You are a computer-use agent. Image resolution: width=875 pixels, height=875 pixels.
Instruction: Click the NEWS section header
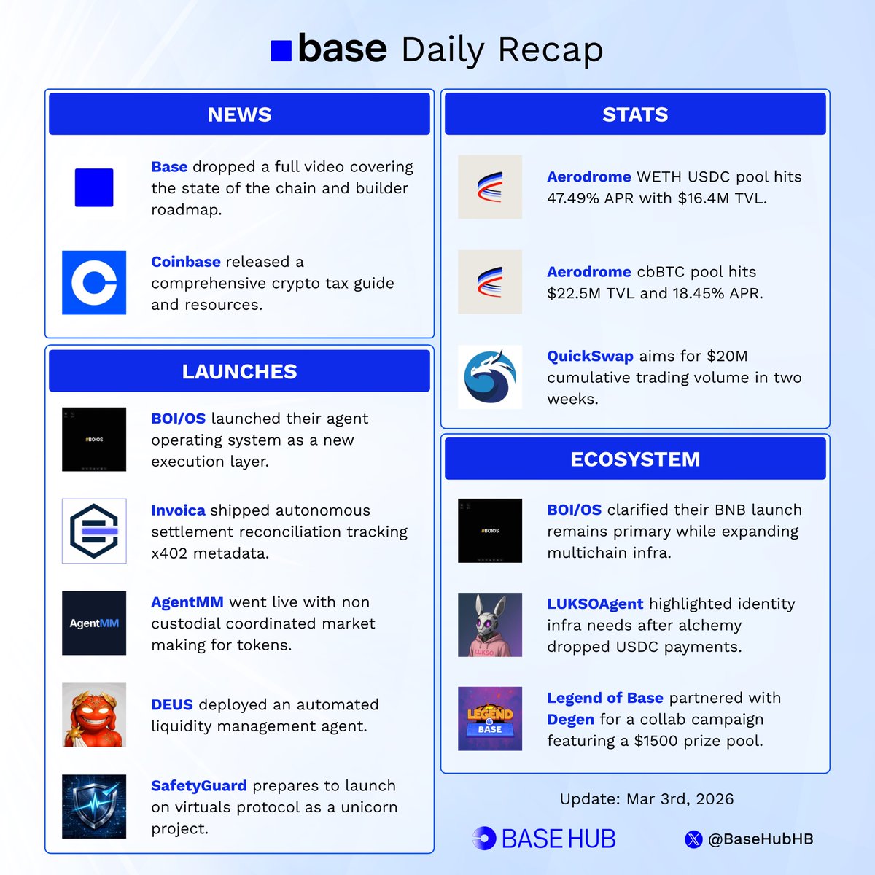pos(239,114)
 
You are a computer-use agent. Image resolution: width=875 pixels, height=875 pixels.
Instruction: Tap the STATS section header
pos(634,114)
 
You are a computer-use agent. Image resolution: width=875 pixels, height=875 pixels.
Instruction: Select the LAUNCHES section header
pos(239,371)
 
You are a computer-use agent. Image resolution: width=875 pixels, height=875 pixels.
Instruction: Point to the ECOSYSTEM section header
pos(634,459)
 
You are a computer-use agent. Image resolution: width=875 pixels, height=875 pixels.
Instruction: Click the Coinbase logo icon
pos(94,282)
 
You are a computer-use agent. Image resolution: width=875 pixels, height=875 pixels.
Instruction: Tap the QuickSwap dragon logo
pos(490,377)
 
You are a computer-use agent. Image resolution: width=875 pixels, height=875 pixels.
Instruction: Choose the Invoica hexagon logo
pos(94,531)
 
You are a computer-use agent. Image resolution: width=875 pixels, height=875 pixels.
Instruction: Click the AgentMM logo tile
pos(94,623)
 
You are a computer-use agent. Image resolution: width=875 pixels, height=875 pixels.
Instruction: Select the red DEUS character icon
pos(94,715)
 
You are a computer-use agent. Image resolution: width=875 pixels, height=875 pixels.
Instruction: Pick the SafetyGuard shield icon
pos(94,806)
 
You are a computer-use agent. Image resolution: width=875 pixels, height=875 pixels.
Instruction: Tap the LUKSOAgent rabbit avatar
pos(490,624)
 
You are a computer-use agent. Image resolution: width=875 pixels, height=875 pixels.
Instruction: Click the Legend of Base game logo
pos(490,718)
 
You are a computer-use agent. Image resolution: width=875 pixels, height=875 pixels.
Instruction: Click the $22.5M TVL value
pos(577,293)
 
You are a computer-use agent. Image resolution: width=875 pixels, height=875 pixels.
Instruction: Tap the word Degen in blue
pos(570,720)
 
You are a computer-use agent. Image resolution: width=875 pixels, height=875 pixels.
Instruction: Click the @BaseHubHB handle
pos(761,839)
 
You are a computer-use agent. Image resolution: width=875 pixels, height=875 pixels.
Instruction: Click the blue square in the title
pos(281,50)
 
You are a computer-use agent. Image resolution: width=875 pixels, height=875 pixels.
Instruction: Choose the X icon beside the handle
pos(693,839)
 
